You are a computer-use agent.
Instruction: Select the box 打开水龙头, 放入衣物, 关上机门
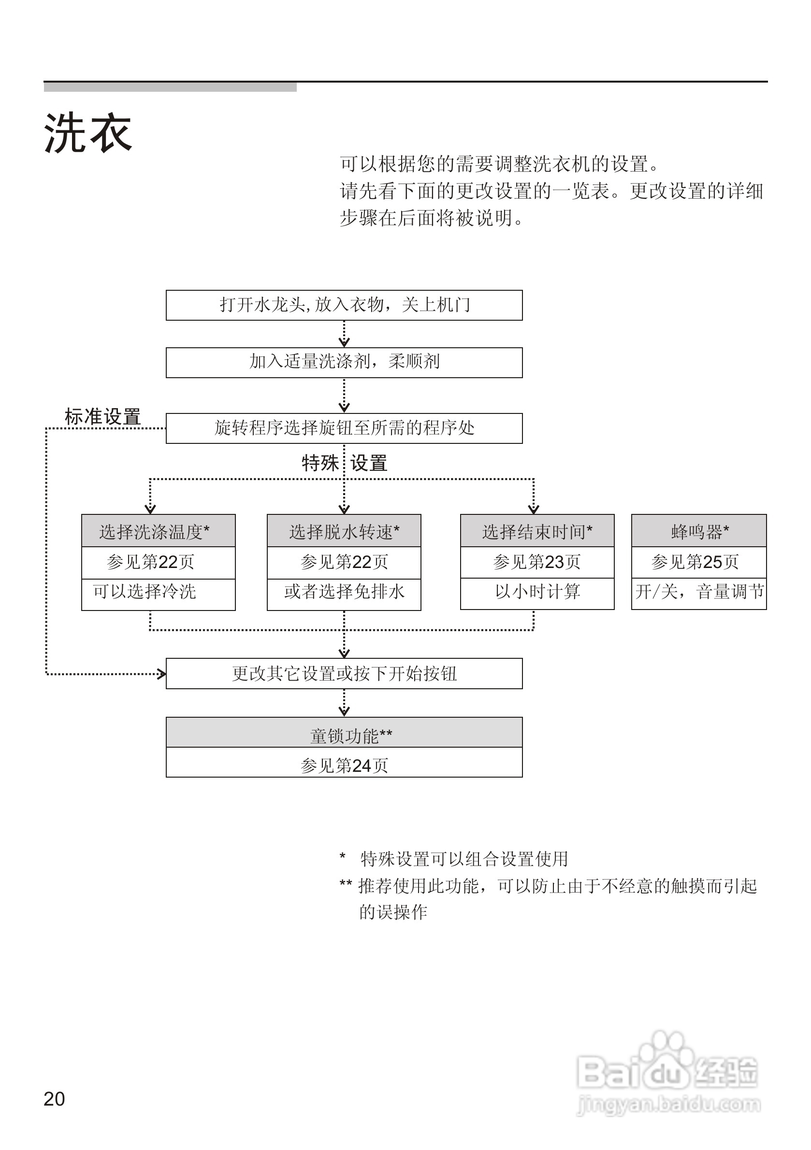pos(344,305)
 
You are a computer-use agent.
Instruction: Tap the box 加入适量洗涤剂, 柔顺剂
pos(344,363)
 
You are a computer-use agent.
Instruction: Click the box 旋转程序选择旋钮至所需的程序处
pos(344,428)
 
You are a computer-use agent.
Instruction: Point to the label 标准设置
pos(103,417)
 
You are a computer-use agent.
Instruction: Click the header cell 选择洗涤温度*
pos(159,531)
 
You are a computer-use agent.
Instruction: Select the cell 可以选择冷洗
pos(159,595)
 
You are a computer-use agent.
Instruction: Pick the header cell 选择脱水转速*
pos(344,531)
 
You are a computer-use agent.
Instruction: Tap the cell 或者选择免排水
pos(344,595)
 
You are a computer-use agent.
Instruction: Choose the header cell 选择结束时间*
pos(537,531)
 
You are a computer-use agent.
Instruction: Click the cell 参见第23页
pos(537,563)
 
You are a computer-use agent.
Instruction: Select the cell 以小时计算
pos(537,594)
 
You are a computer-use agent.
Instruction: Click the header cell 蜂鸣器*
pos(699,531)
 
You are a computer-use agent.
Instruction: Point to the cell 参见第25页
pos(699,563)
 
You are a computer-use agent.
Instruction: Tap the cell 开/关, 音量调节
pos(699,594)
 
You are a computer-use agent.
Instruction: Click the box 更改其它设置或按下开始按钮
pos(344,674)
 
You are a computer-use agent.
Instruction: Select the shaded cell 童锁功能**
pos(344,732)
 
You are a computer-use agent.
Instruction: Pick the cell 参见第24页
pos(344,762)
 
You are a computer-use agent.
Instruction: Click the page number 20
pos(54,1099)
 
